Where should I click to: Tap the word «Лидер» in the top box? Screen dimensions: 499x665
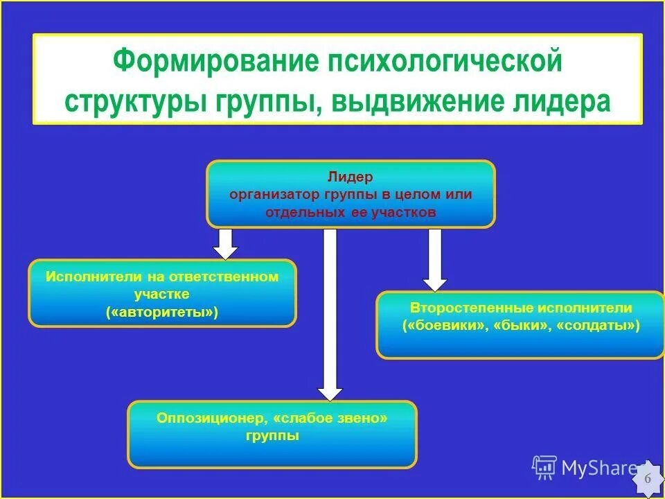(x=351, y=178)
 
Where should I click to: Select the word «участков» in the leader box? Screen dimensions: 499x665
(x=404, y=212)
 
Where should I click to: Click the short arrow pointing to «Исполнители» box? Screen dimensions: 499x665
(x=225, y=243)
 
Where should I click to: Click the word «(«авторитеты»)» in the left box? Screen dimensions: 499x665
(x=162, y=313)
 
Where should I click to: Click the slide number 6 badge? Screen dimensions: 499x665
(x=648, y=479)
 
